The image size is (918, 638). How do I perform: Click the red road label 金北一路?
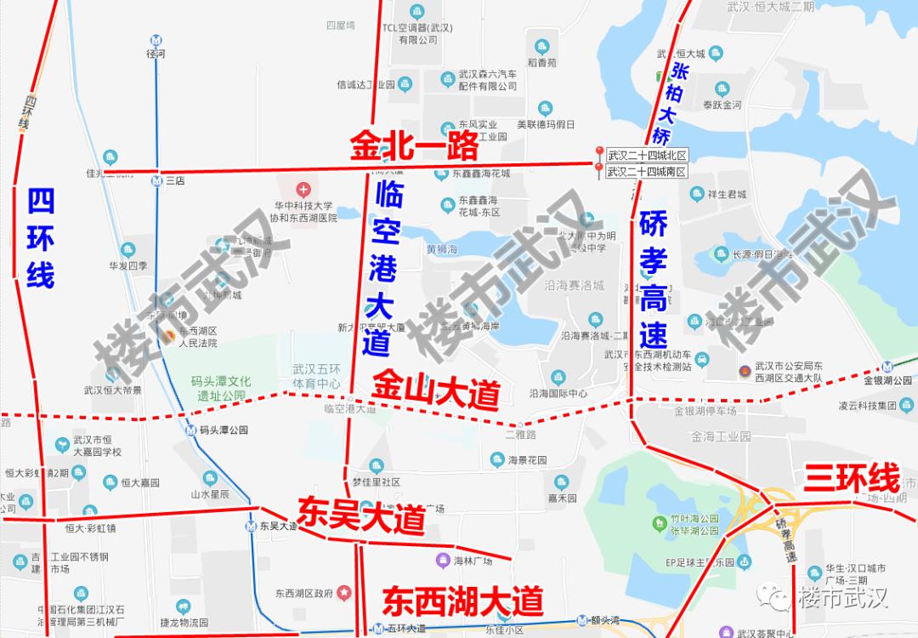[415, 147]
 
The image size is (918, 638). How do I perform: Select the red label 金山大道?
[435, 391]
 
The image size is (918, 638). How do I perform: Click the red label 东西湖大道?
[462, 601]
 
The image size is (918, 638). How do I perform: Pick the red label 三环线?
[851, 477]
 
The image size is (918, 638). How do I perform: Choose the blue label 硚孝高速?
[653, 271]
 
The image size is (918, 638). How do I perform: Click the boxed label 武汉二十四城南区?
[646, 172]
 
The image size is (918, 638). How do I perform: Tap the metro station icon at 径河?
[155, 39]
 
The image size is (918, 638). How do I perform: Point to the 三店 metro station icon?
[156, 180]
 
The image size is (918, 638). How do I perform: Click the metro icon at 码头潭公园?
[190, 430]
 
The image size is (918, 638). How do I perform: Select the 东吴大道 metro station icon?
[250, 526]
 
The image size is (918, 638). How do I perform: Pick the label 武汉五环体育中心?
[316, 377]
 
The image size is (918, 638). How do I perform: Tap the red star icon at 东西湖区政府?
[343, 592]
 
